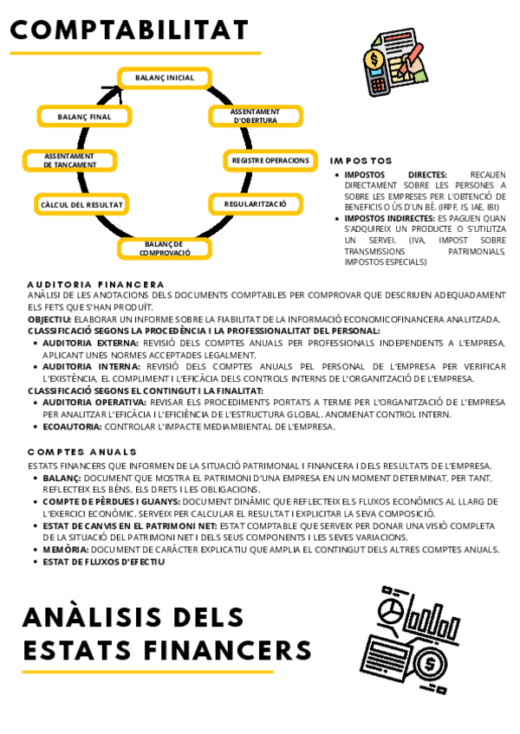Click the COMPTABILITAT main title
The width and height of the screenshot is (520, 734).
click(129, 31)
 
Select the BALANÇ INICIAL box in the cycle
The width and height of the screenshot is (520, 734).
click(165, 78)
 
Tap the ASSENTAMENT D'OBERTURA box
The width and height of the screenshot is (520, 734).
click(255, 116)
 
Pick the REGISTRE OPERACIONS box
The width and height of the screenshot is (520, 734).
click(270, 160)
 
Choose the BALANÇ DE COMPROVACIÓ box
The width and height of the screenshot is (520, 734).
click(165, 248)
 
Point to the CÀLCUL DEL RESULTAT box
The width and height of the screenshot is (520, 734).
click(81, 205)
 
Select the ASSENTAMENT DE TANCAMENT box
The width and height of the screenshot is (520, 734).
click(68, 160)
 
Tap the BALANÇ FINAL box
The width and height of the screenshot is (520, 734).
click(84, 116)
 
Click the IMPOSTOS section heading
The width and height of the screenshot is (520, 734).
click(361, 161)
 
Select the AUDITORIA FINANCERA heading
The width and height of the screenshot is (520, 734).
click(95, 284)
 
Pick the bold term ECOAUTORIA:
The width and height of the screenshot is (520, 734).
click(73, 426)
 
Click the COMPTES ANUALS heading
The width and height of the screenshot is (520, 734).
click(81, 452)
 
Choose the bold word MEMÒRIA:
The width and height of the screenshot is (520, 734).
click(65, 549)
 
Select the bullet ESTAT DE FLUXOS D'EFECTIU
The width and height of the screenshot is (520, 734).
click(103, 561)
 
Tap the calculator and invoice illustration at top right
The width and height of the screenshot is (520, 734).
click(395, 61)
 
